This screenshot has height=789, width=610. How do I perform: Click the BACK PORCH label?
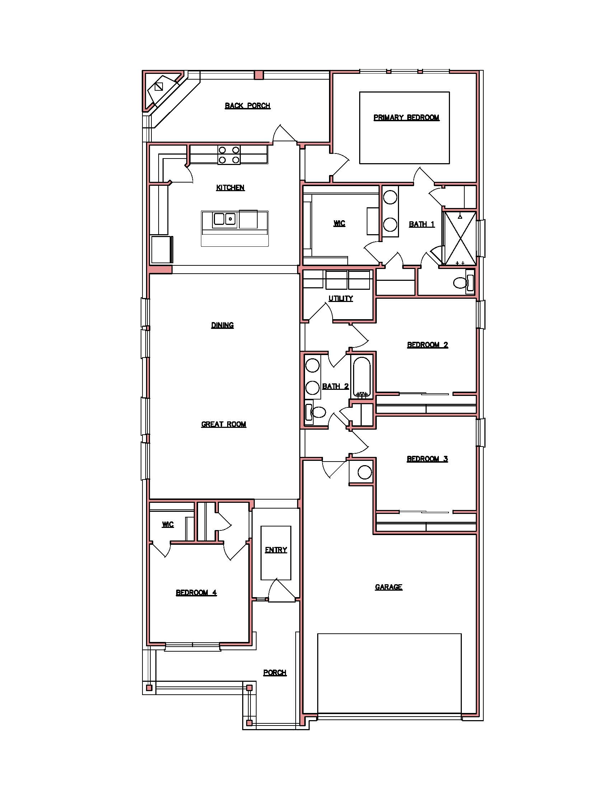pos(248,106)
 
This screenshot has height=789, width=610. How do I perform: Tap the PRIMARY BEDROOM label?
pos(407,118)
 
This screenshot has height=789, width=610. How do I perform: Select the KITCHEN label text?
pos(231,188)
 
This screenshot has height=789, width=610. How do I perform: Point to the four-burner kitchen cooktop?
pos(229,155)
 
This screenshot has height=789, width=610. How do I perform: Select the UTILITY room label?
pos(341,298)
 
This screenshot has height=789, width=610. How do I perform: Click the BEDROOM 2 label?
pos(427,345)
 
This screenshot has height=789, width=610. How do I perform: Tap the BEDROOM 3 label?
pos(427,459)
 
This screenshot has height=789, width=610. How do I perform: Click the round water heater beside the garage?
pos(364,472)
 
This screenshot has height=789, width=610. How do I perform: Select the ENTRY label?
pos(276,550)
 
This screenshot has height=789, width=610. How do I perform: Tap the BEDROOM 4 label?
pos(196,593)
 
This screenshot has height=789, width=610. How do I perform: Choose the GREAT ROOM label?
pos(224,425)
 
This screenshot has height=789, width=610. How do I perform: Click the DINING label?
pos(222,326)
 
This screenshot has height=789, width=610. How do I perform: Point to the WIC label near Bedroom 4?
pos(168,525)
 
